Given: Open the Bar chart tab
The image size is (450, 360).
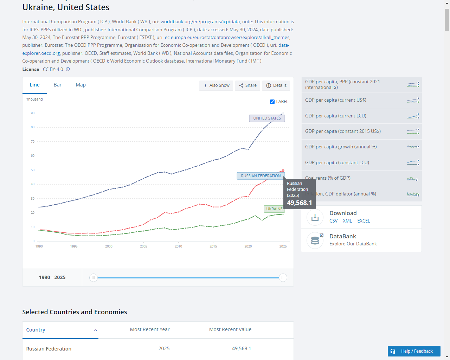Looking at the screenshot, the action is tap(58, 85).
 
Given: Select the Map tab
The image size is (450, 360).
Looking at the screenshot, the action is tap(81, 85).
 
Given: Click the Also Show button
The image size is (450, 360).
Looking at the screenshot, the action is tap(216, 85).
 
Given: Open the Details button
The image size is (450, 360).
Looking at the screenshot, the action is tap(276, 85).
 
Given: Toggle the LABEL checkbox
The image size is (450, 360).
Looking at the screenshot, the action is tap(272, 102).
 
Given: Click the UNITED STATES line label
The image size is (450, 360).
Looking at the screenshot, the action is tap(267, 118).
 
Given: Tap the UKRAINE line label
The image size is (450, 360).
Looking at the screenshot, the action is tap(274, 209).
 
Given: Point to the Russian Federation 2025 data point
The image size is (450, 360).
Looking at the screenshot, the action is tap(283, 171).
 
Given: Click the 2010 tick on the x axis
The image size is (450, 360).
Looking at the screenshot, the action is tap(178, 246).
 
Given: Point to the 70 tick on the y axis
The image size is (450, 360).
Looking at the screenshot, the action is tap(33, 141).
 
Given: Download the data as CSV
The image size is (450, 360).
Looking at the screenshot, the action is tap(333, 221).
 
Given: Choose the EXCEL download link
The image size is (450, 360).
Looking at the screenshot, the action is tap(364, 221).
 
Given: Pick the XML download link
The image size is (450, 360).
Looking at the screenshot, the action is tap(347, 221).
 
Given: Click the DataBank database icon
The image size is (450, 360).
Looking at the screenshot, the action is tap(315, 240).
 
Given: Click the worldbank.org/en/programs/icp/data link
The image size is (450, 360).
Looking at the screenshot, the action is tap(200, 22).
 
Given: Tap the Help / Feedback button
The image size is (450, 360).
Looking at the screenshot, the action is tap(414, 351).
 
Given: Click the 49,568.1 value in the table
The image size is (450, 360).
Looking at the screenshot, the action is tap(241, 348).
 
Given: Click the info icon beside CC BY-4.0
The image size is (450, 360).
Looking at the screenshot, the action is tap(68, 69).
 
